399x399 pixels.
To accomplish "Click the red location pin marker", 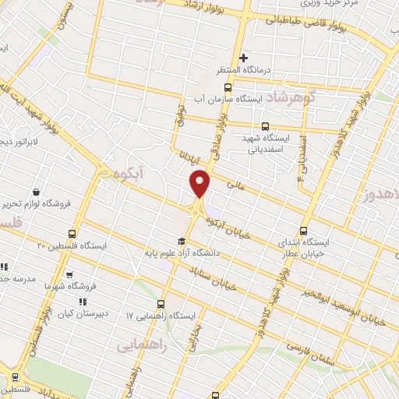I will click(201, 183).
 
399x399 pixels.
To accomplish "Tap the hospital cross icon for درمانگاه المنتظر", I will click(244, 58).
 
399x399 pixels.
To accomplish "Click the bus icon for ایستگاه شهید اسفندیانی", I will click(266, 125).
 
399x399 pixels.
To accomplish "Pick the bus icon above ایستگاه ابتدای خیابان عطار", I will click(304, 231).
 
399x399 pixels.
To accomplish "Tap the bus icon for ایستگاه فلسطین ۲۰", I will click(72, 233).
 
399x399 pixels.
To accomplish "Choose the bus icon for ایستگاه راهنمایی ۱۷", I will click(161, 304).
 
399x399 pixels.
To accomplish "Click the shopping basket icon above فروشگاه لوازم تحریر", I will click(36, 192).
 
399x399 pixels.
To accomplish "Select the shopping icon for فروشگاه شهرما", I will click(70, 275).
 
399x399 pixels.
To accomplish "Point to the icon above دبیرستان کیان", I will click(83, 302).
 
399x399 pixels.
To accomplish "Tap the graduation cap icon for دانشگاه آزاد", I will click(182, 241).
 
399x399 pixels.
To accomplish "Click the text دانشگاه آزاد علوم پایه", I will click(181, 252).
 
